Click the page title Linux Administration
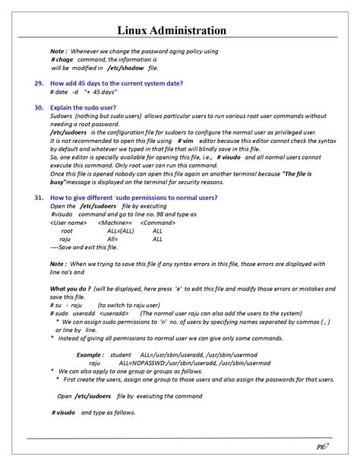[180, 30]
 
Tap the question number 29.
[39, 83]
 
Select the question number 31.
[39, 197]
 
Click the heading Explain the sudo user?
[84, 108]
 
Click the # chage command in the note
[62, 59]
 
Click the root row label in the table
[67, 230]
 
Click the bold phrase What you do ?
[70, 289]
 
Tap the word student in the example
[121, 355]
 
